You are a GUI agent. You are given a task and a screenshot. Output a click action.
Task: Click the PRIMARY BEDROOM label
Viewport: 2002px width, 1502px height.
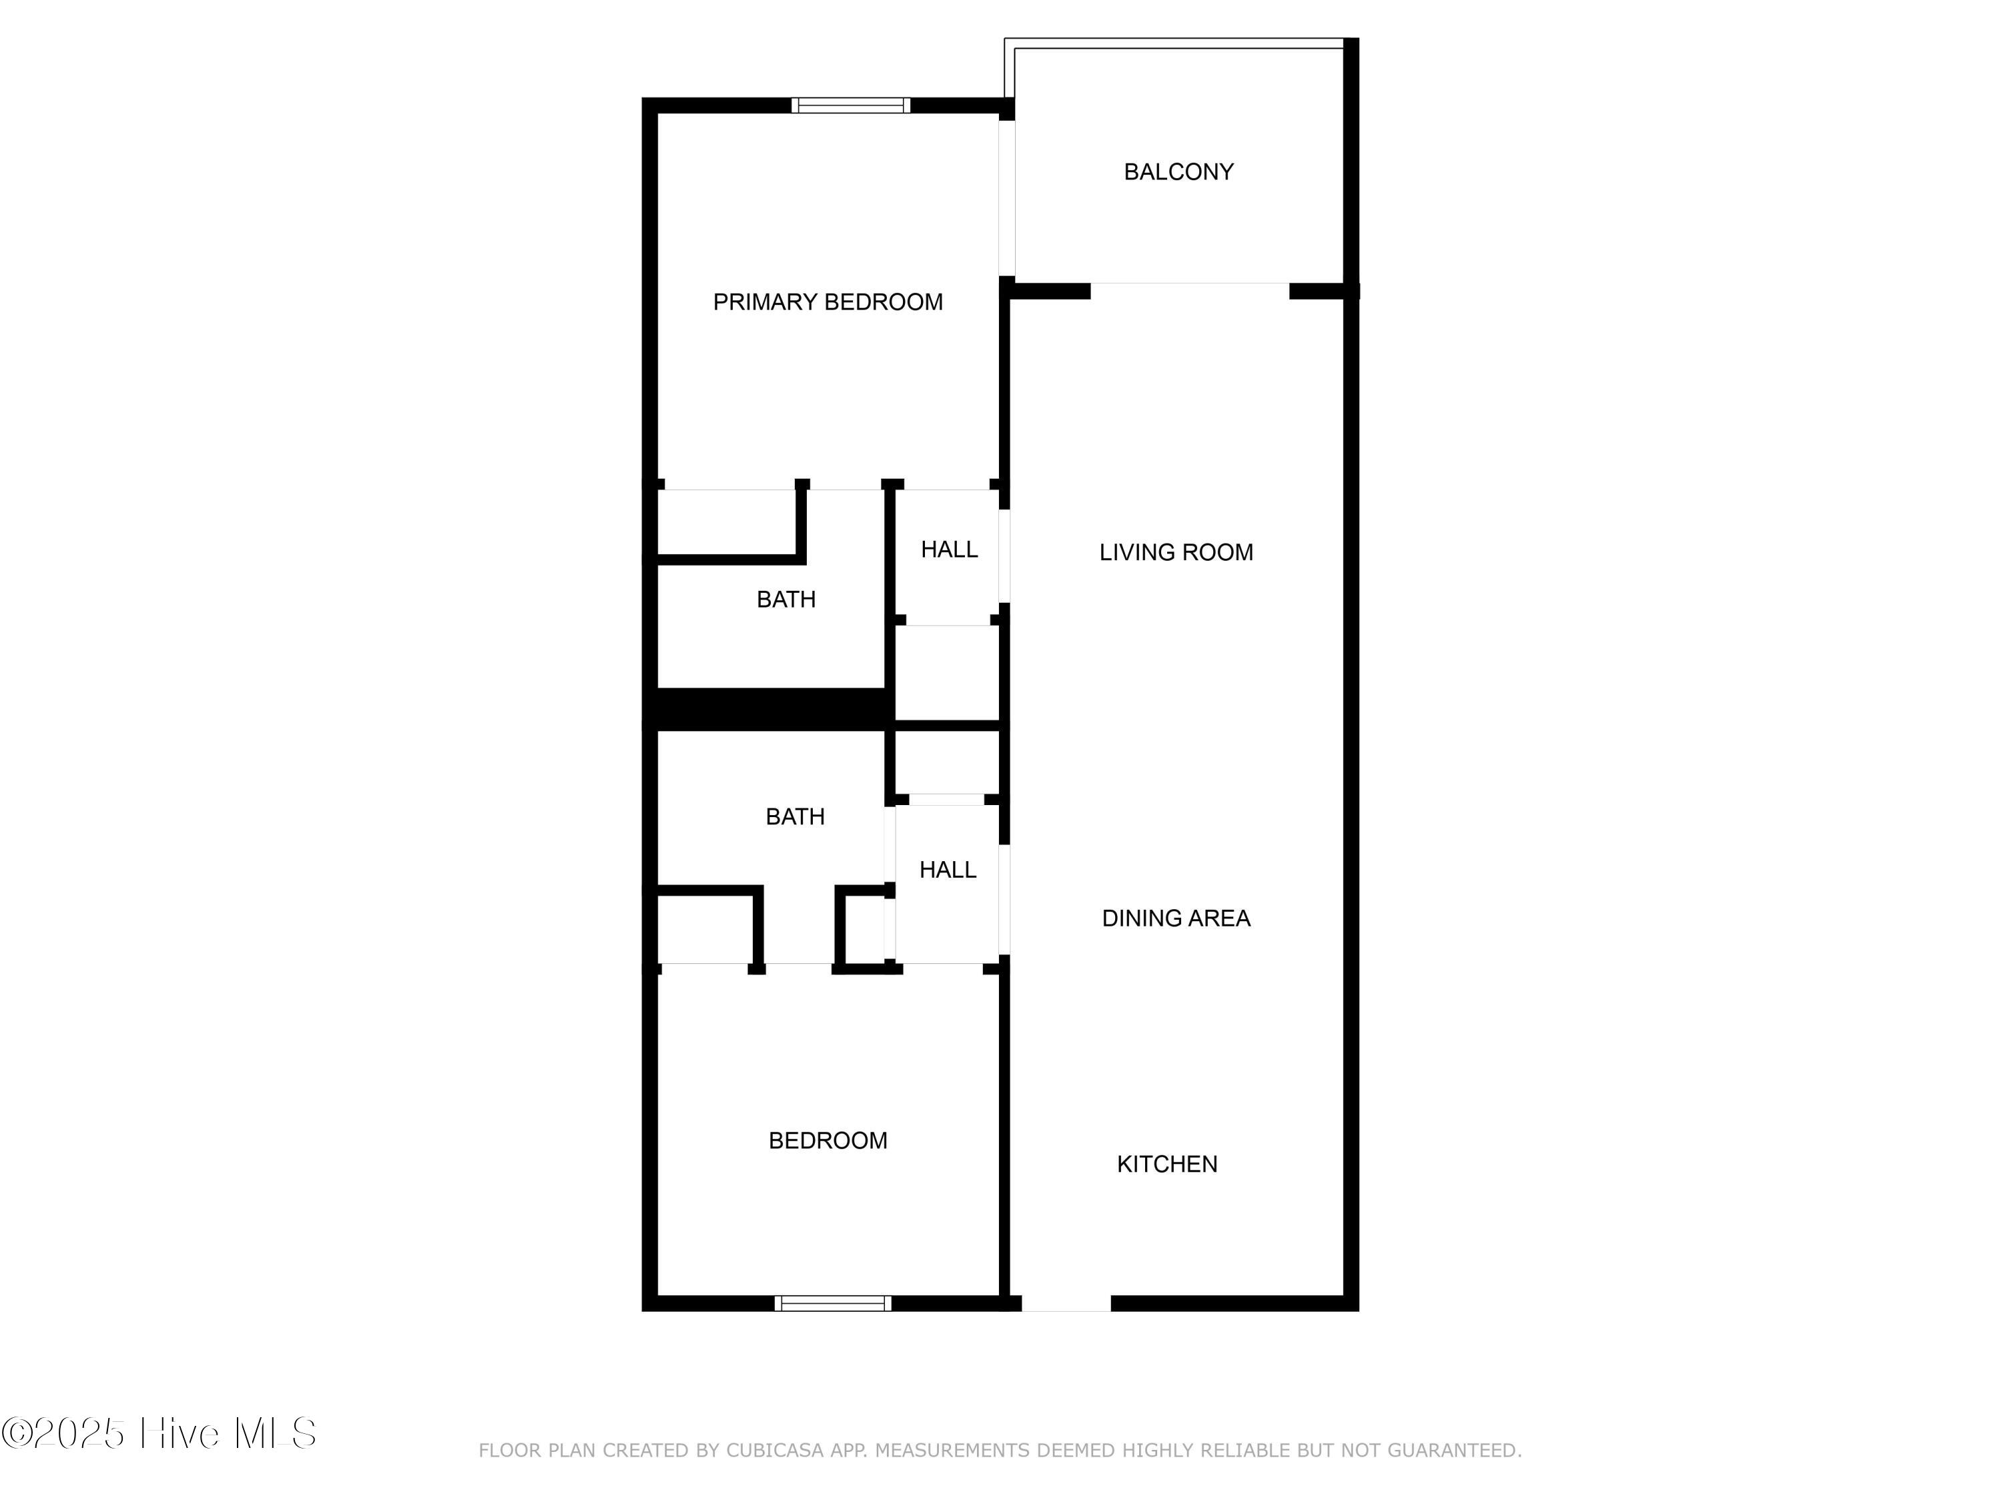click(x=827, y=302)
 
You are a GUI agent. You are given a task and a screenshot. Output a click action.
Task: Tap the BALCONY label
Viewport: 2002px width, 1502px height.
click(x=1179, y=172)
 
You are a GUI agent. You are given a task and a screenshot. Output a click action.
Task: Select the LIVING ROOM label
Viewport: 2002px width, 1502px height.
click(x=1176, y=552)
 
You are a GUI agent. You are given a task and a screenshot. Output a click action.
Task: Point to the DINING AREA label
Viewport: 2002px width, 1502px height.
click(x=1176, y=918)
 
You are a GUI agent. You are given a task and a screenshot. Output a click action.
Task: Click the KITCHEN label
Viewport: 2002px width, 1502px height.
click(x=1166, y=1164)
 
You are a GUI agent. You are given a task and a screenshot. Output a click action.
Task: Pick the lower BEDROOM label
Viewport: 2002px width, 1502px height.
click(x=827, y=1141)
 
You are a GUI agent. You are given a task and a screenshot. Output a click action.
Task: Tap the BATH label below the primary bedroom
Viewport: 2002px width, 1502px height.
click(x=785, y=599)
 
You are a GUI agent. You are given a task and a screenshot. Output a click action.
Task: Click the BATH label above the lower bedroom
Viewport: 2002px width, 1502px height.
click(x=795, y=816)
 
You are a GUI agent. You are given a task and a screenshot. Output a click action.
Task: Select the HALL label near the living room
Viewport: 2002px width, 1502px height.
click(x=948, y=549)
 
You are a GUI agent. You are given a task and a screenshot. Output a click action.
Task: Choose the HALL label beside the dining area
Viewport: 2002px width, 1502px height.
click(x=948, y=870)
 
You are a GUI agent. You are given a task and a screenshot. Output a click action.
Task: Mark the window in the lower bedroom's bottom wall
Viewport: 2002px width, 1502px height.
click(x=833, y=1304)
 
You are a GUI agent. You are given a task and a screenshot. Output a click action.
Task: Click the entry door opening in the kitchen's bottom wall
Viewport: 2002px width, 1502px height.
click(x=1066, y=1304)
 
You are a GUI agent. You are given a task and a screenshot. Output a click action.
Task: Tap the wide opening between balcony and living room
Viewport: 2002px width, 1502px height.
click(x=1189, y=290)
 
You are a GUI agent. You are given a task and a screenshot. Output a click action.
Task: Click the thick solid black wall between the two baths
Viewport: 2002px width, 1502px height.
click(x=769, y=709)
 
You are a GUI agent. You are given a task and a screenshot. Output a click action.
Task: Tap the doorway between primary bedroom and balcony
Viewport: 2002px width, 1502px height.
click(x=1006, y=198)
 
